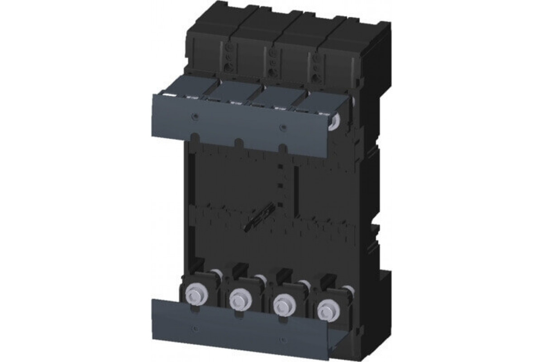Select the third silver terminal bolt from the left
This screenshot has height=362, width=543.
click(282, 304)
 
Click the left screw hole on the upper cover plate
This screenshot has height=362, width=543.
click(194, 117)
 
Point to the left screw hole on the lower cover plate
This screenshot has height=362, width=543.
click(194, 327)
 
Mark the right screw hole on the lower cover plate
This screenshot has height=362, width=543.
click(282, 340)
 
